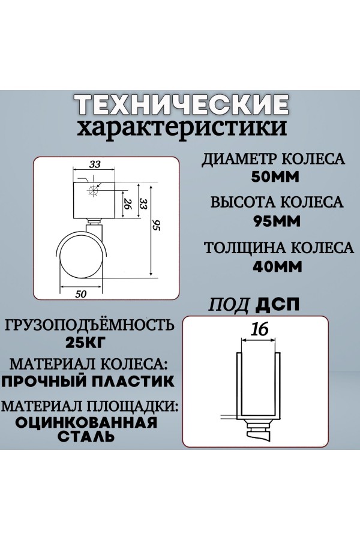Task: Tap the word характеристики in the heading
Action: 182,128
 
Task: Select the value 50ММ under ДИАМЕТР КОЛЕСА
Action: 275,177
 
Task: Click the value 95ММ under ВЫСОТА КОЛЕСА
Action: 277,221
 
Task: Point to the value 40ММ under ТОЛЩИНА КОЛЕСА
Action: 277,266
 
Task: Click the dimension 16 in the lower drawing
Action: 259,329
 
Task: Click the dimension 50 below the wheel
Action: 80,294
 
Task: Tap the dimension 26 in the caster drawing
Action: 127,204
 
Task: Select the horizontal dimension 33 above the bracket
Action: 95,164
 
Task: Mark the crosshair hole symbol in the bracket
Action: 93,190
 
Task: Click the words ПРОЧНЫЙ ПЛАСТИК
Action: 88,381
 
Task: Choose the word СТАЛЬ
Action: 86,436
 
